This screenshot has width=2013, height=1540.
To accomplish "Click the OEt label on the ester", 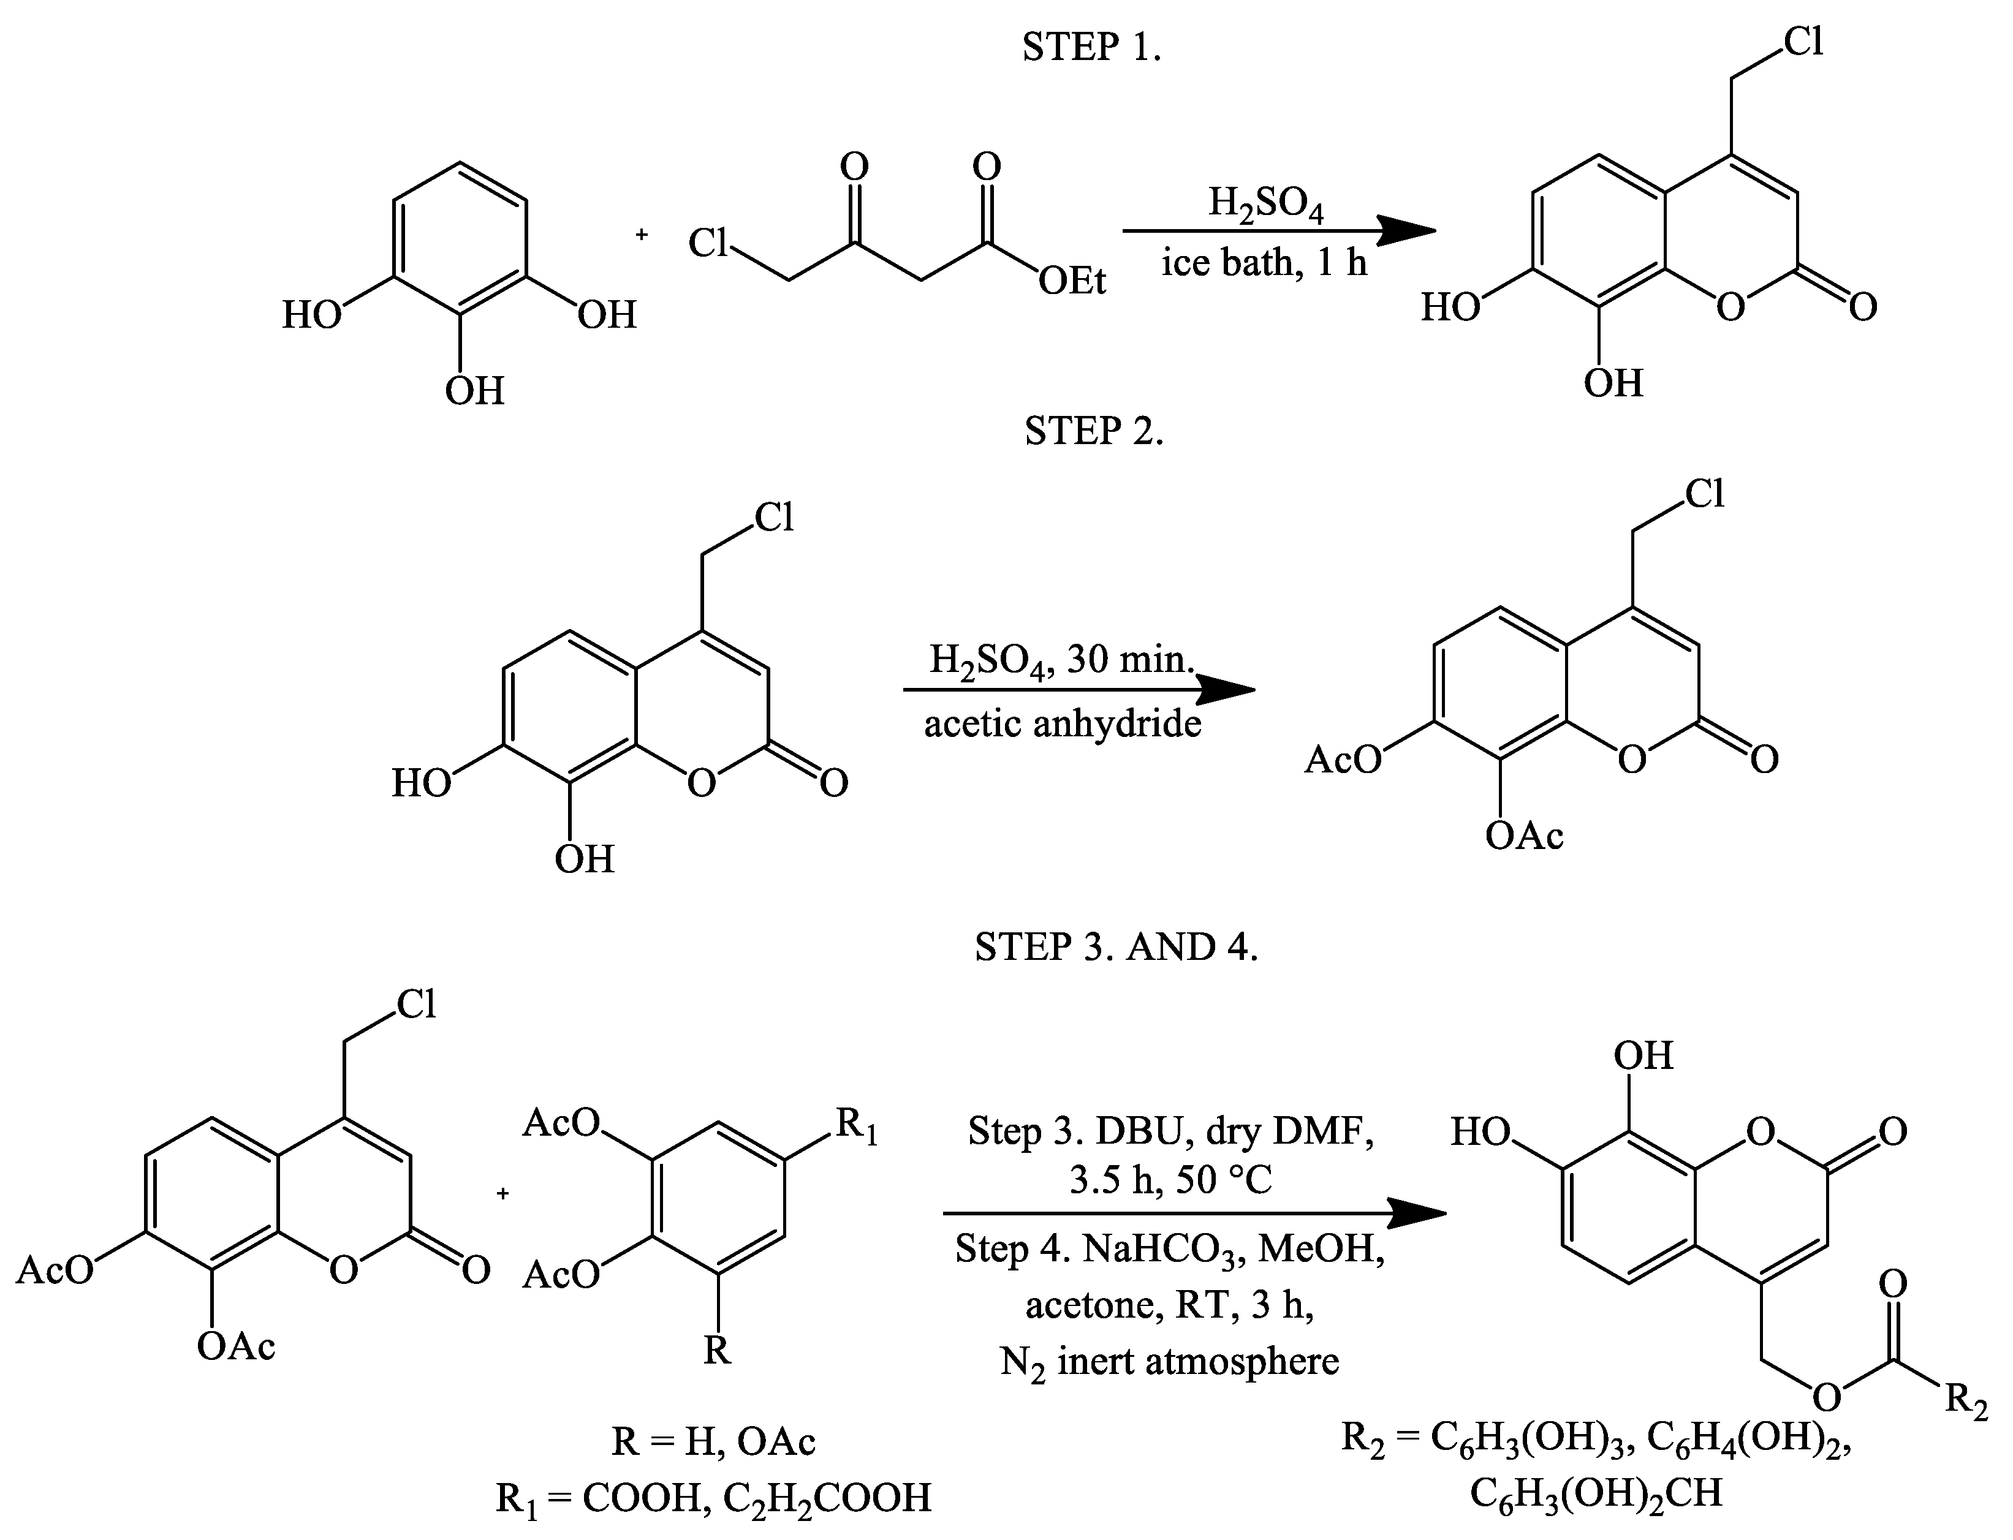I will (x=1072, y=281).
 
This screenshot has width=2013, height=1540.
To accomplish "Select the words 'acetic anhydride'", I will (x=1062, y=724).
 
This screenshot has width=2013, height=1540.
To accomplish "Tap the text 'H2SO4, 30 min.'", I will (x=1062, y=660).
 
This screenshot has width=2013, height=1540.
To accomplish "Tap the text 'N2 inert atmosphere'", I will (x=1169, y=1363).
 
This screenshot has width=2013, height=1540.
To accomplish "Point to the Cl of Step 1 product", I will (x=1802, y=42).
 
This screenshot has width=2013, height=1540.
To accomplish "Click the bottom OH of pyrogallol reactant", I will (x=474, y=391).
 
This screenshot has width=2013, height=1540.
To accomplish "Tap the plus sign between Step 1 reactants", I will (x=642, y=236).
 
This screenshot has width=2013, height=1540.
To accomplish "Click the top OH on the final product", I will (x=1643, y=1056).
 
